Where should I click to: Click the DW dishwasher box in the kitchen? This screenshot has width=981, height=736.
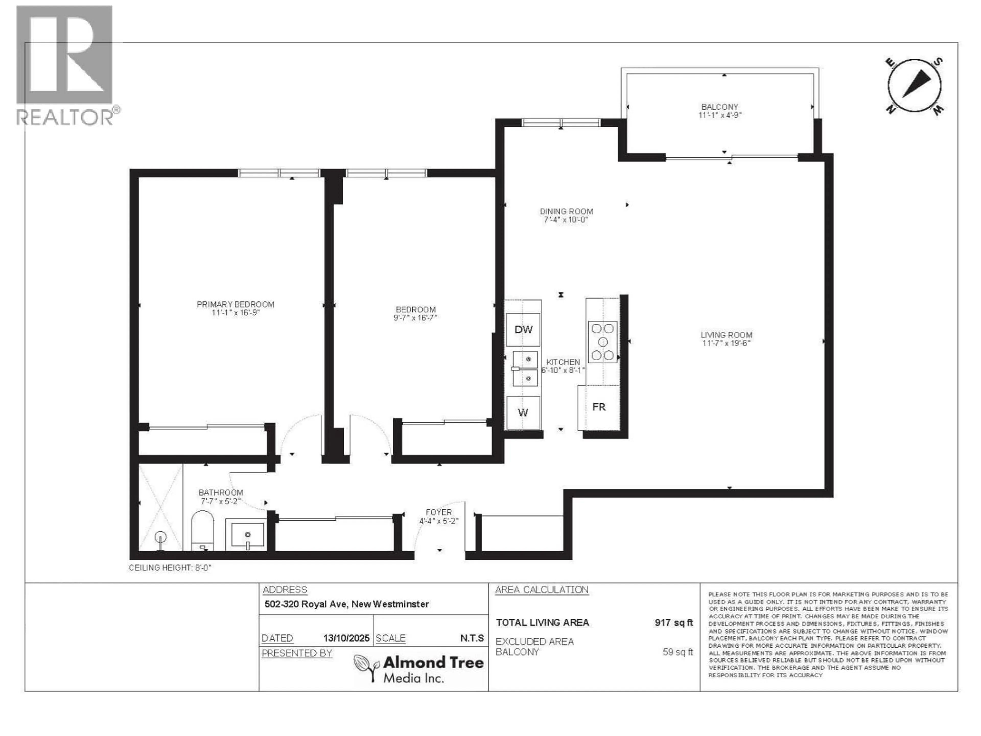pyautogui.click(x=523, y=330)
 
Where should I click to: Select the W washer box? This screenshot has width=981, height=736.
pyautogui.click(x=523, y=412)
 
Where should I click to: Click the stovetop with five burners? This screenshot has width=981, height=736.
pyautogui.click(x=602, y=342)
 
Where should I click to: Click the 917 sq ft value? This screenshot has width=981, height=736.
pyautogui.click(x=673, y=623)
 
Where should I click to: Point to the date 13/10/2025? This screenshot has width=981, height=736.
pyautogui.click(x=346, y=638)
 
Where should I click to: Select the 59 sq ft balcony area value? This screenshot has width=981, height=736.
pyautogui.click(x=677, y=652)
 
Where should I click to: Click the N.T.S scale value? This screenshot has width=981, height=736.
pyautogui.click(x=472, y=638)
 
